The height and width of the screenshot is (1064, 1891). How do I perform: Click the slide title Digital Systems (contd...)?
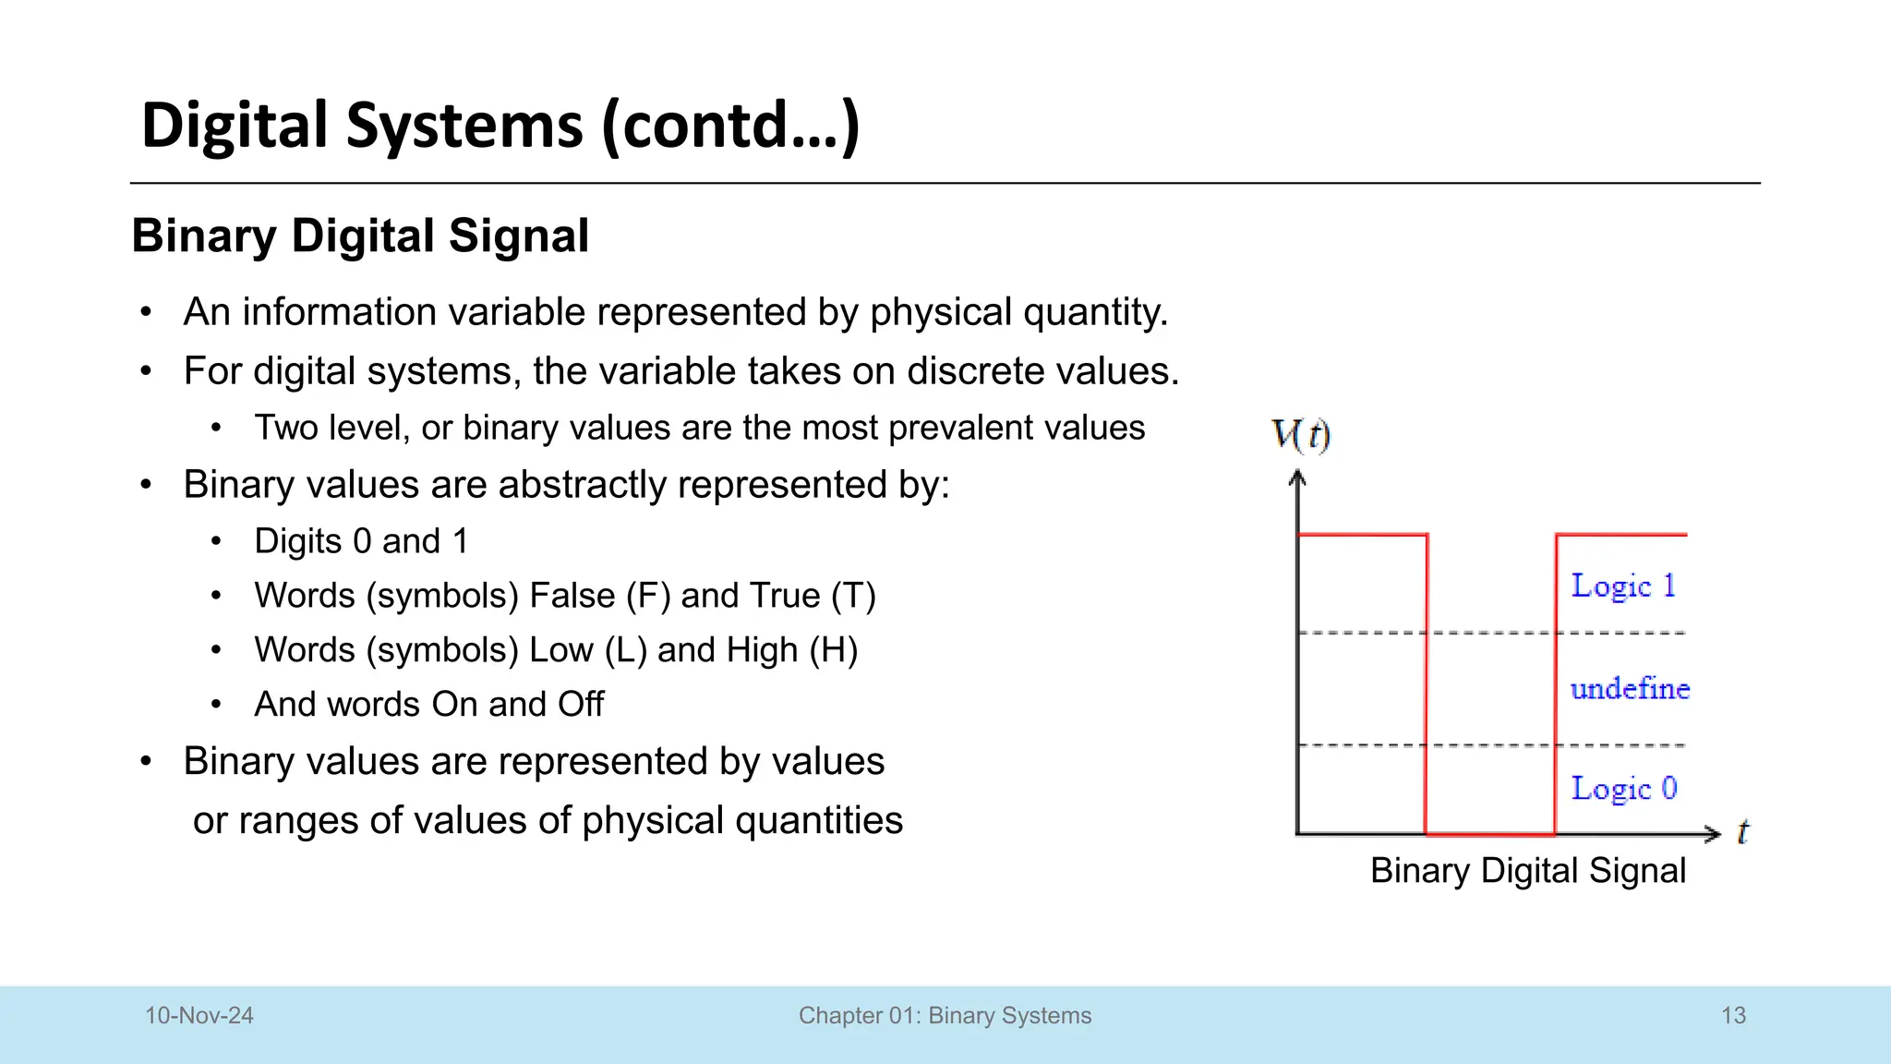[500, 126]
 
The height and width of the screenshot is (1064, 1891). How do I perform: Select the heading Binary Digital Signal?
[360, 236]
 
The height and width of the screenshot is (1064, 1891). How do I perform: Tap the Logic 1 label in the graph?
[1622, 586]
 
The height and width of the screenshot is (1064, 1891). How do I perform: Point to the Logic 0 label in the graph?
[1623, 789]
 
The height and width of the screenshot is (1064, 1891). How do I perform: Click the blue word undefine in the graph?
[1630, 689]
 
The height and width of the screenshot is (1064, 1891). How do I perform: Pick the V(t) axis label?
[1300, 434]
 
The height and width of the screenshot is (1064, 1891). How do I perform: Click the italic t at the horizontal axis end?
[1742, 832]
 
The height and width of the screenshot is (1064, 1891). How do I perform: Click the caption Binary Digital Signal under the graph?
[1527, 871]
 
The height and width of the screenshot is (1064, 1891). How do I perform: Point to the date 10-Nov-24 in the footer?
[199, 1016]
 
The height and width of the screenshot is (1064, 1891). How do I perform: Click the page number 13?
[1733, 1016]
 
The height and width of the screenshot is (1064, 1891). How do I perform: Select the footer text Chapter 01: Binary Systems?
[945, 1016]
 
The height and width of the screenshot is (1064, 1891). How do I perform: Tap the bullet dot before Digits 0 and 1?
[215, 541]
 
